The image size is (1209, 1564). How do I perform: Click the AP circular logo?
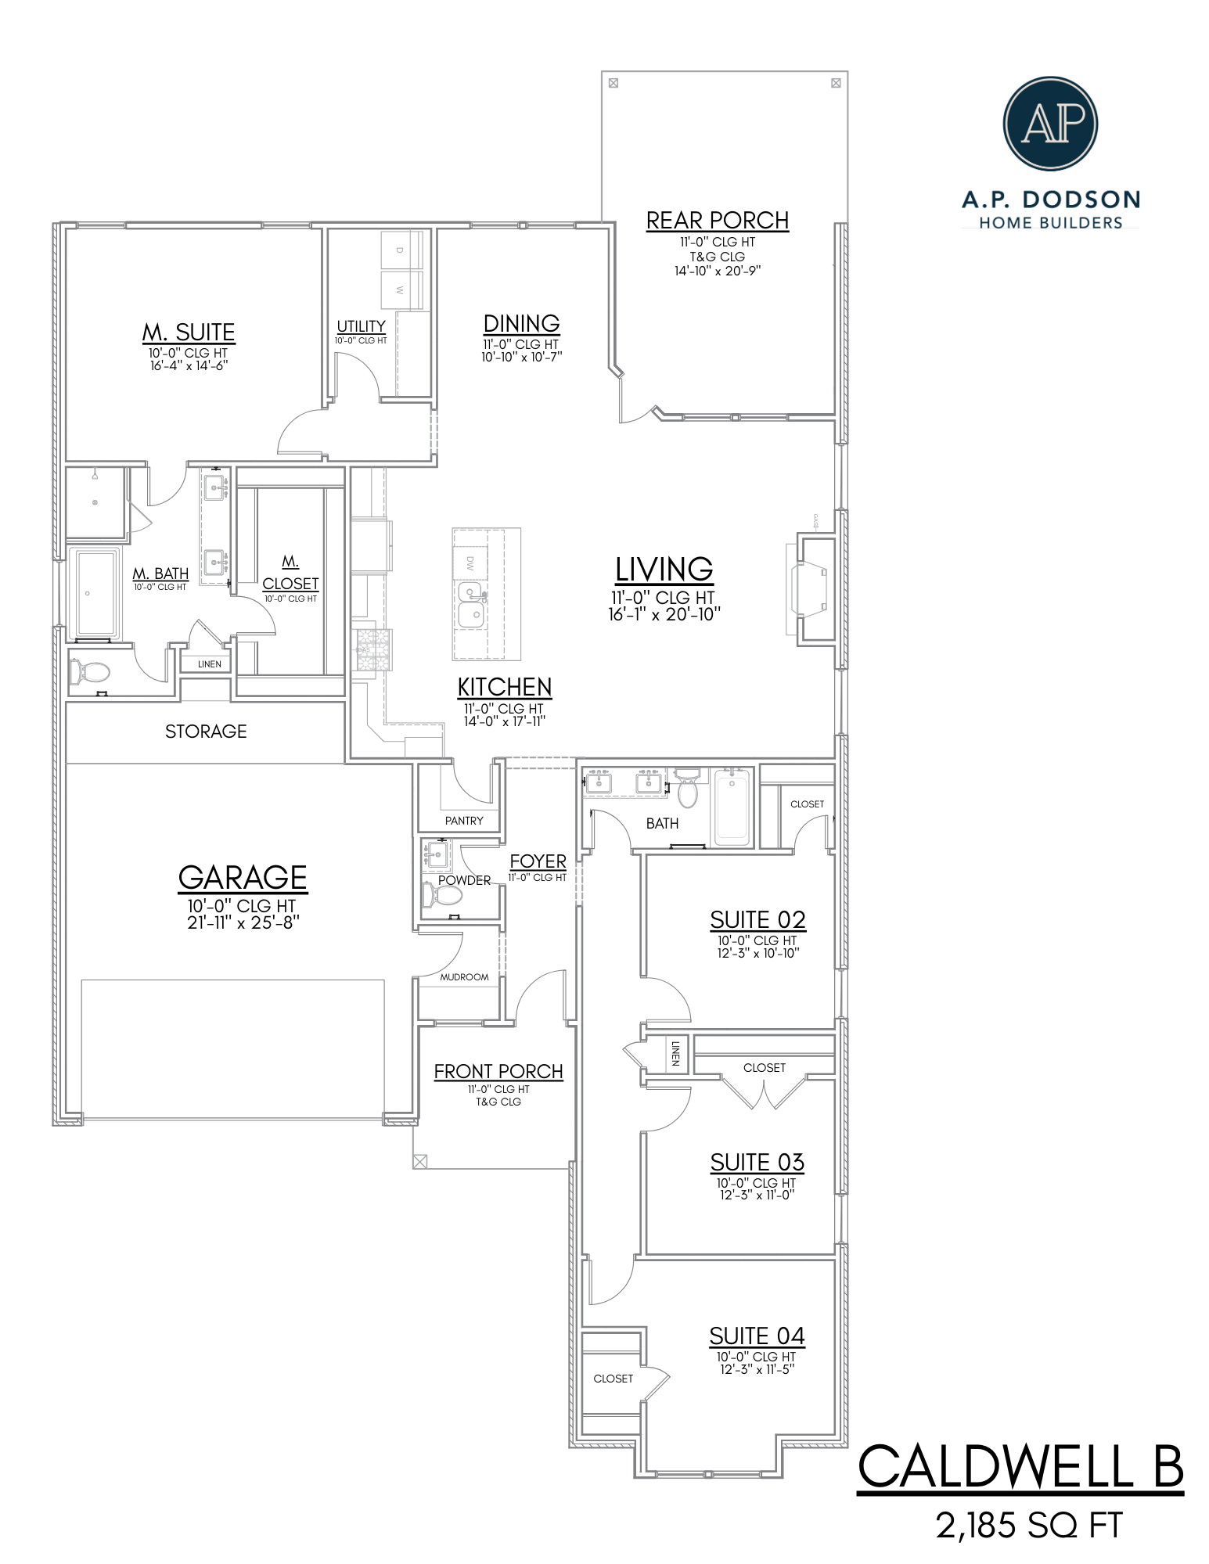point(1049,123)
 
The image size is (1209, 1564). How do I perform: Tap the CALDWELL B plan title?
point(1020,1467)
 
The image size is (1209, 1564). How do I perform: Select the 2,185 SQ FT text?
point(1029,1526)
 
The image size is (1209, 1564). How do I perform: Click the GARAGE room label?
point(243,878)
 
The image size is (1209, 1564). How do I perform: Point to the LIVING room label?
point(664,570)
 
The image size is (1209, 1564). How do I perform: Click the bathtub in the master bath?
point(95,594)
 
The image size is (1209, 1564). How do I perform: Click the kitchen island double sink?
point(471,604)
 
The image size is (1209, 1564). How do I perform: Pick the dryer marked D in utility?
point(400,250)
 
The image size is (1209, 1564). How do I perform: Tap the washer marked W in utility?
point(400,290)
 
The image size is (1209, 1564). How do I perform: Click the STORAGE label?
point(206,732)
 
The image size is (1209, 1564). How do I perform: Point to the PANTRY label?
point(464,821)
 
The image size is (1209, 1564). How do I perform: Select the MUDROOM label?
point(464,977)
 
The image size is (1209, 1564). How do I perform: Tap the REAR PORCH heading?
point(717,221)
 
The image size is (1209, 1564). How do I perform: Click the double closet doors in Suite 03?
point(763,1095)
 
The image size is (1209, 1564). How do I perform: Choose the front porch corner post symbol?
point(420,1161)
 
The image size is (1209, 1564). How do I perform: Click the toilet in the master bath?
point(90,671)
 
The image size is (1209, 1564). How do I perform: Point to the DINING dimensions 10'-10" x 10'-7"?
point(522,357)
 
